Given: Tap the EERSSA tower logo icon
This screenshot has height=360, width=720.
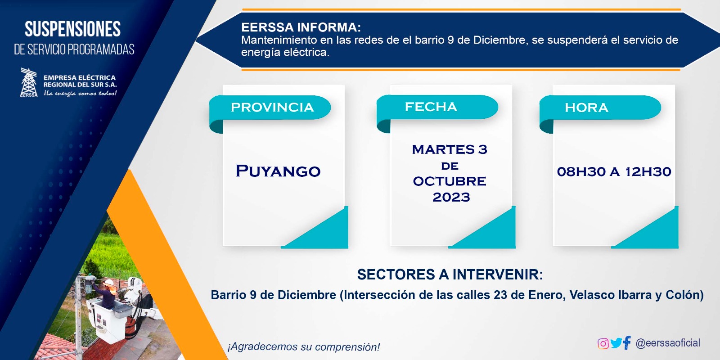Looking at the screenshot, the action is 29,82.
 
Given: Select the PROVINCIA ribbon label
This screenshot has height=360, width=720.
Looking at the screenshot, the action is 272,108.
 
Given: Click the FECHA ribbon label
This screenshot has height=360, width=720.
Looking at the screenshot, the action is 431,107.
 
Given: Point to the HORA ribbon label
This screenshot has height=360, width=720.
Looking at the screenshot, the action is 586,108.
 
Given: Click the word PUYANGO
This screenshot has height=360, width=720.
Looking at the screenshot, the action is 278,171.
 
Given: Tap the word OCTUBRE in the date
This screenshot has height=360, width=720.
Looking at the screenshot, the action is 450,181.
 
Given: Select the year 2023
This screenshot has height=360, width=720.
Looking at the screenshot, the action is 451,197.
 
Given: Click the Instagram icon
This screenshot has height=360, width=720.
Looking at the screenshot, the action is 603,344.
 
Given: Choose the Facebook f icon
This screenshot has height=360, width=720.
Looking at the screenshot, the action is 627,342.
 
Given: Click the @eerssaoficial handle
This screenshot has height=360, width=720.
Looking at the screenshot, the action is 668,343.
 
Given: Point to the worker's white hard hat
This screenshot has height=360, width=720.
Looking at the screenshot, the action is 109,283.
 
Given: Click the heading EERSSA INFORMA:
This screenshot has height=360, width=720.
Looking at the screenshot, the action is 301,27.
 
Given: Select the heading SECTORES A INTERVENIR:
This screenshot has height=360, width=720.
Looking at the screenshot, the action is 450,274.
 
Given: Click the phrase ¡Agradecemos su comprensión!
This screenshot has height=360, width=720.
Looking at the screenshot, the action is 304,347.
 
